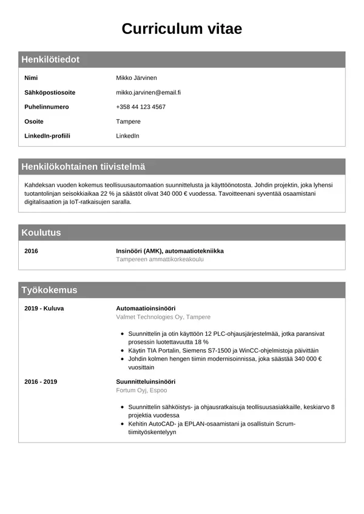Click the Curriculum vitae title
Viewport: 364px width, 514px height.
coord(182,28)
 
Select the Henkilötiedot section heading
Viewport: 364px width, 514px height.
coord(50,59)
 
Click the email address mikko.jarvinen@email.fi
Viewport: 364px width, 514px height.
coord(149,93)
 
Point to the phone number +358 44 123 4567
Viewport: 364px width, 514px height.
coord(141,107)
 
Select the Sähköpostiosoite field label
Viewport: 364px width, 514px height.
coord(50,93)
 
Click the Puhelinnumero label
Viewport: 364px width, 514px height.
coord(47,107)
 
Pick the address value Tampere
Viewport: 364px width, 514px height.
coord(128,122)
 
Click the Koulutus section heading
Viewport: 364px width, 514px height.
coord(41,233)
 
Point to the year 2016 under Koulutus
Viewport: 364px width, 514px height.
coord(31,251)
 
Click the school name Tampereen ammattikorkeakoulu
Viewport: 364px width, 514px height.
coord(160,259)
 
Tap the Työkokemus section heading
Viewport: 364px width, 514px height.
coord(49,290)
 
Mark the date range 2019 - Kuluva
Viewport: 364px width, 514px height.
coord(44,309)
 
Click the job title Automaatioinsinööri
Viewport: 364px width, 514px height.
coord(145,309)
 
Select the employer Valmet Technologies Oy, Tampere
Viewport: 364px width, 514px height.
coord(163,317)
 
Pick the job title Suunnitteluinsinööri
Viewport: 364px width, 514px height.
coord(146,382)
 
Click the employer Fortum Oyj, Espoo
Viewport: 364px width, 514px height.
coord(141,390)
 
